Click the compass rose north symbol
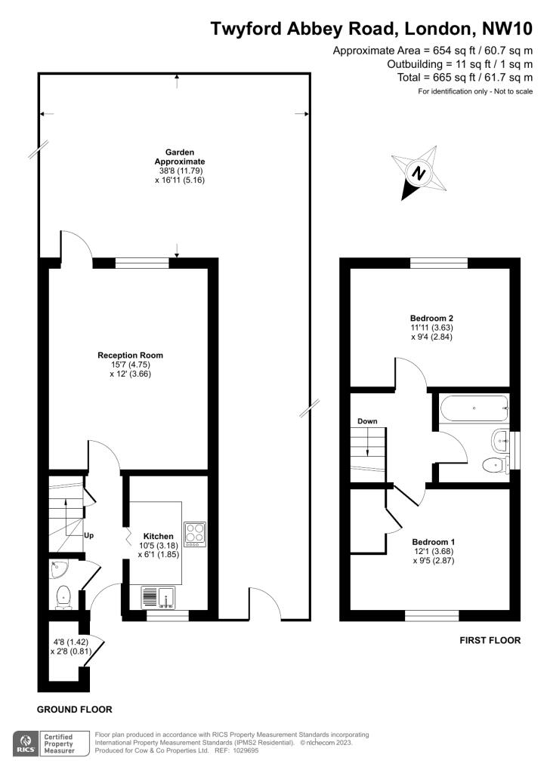tap(419, 174)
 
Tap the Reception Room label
tap(130, 355)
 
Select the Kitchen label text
tap(159, 536)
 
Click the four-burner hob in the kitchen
tap(195, 534)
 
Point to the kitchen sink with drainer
tap(158, 597)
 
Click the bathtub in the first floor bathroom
tap(474, 408)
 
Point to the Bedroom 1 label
tap(430, 542)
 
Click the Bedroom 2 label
tap(431, 318)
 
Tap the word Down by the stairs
tap(367, 421)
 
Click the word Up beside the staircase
tap(88, 535)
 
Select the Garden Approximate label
tap(180, 157)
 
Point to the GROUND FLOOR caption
tap(75, 710)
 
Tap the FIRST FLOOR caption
tap(490, 640)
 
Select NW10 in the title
tap(507, 29)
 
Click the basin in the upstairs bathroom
tap(501, 439)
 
